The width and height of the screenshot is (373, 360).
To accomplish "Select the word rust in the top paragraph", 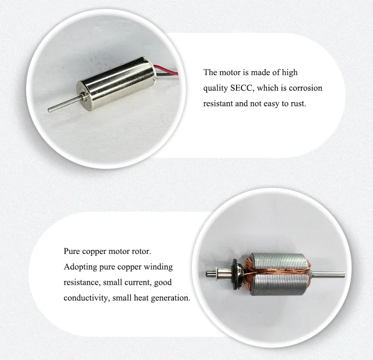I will coord(298,103).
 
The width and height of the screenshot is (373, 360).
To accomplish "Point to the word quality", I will coord(214,88).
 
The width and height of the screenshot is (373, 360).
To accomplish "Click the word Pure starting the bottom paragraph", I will coord(72,251).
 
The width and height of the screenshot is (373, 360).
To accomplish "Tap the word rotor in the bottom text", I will coord(153,251).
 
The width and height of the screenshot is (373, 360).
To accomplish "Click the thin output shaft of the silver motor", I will coord(61,105).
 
